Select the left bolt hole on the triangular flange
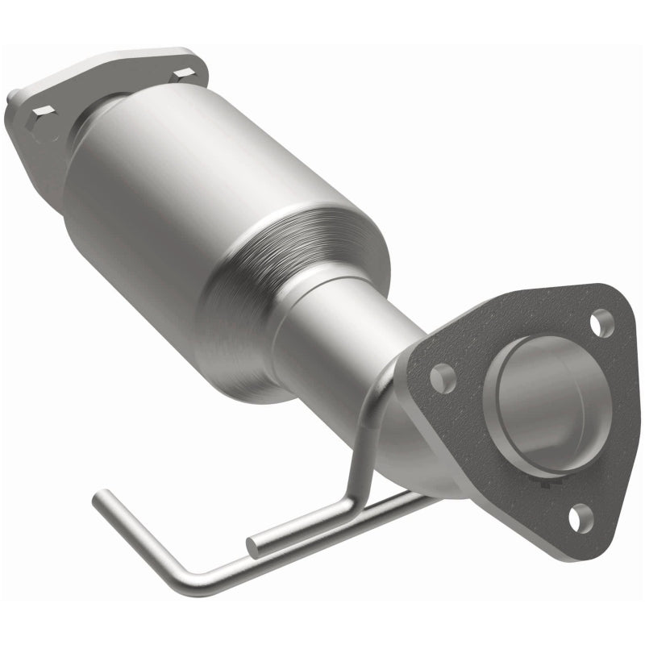coord(442,376)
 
